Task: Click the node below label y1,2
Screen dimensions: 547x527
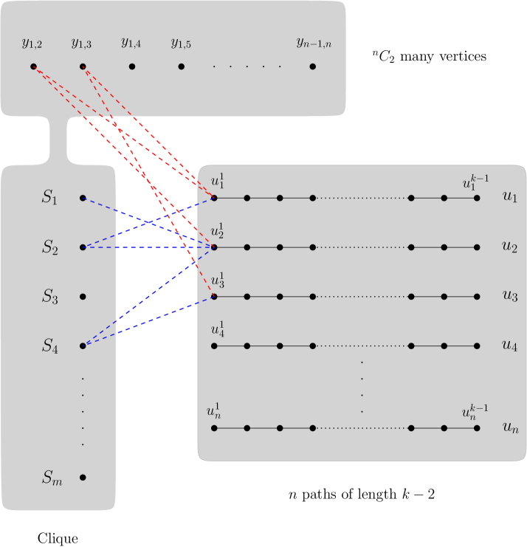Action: pos(33,66)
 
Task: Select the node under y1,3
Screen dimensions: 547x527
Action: pos(83,66)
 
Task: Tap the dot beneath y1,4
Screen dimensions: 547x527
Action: pos(132,66)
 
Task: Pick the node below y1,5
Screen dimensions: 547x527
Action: pos(181,66)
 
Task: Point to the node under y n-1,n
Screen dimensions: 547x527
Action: pos(313,66)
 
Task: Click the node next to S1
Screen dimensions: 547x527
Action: pos(83,198)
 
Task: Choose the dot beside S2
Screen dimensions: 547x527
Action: pos(83,247)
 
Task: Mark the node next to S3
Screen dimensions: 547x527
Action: pos(83,297)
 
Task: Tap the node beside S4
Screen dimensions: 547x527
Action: pos(83,345)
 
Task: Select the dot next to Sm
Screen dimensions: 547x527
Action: pos(83,478)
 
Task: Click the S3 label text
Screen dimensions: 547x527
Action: pos(49,297)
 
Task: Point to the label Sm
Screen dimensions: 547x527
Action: pos(51,478)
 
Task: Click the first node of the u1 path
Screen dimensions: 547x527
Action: pos(214,198)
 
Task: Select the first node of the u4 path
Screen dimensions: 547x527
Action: pos(214,345)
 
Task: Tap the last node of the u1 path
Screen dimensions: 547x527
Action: pos(478,198)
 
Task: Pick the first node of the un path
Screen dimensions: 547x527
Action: pos(214,428)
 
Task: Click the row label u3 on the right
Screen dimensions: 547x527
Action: pos(510,297)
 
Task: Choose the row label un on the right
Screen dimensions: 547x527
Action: pos(510,427)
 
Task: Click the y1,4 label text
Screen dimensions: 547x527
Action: pos(131,43)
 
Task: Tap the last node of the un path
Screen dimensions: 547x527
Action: pos(478,428)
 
